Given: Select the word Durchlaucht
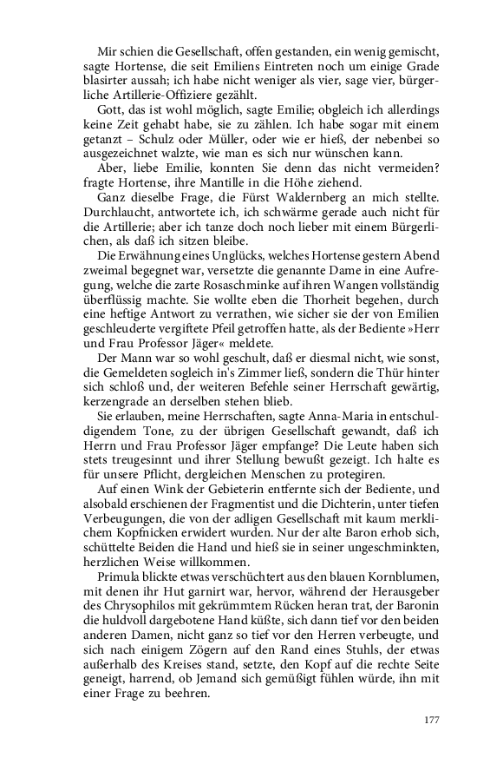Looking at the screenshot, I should (x=128, y=215).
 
